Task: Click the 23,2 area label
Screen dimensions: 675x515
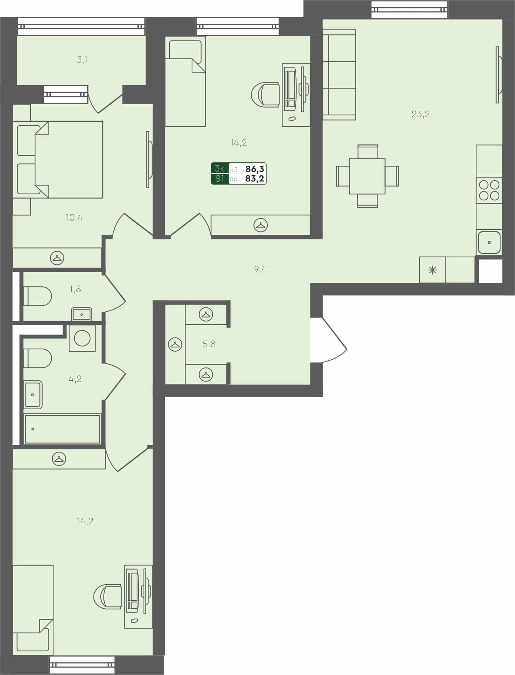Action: tap(421, 114)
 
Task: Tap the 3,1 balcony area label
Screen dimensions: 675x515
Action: tap(82, 60)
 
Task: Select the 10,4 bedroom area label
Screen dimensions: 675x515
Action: tap(74, 218)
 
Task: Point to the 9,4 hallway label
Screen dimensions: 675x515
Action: tap(260, 270)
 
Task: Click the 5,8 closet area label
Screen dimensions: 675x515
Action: tap(209, 344)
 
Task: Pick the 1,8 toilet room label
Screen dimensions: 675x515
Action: tap(75, 289)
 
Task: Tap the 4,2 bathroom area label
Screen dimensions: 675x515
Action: tap(75, 379)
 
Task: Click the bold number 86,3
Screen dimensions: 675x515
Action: tap(255, 169)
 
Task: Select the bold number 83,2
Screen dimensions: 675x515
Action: tap(255, 178)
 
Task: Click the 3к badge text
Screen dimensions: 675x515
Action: tap(220, 168)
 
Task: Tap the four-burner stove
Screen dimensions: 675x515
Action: tap(489, 190)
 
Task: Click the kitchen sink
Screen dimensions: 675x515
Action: tap(489, 242)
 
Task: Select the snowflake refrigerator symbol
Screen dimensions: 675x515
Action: tap(432, 270)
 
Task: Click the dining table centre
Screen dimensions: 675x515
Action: tap(367, 176)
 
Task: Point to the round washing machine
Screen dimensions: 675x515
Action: tap(82, 338)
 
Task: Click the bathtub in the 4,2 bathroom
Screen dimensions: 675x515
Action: tap(62, 429)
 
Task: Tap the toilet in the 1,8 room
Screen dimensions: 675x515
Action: tap(38, 296)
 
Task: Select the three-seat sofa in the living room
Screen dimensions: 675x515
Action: tap(339, 75)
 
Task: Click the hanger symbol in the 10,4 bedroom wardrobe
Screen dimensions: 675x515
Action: tap(57, 258)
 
